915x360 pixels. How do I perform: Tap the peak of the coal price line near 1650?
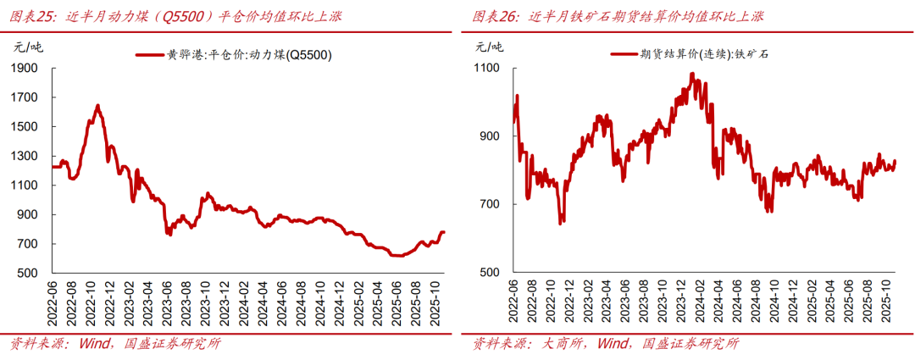click(97, 106)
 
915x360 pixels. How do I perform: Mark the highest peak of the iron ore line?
click(692, 74)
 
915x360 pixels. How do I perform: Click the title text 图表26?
click(493, 16)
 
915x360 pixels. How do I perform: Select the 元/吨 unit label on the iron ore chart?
click(489, 46)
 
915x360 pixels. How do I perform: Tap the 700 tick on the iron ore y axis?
click(491, 205)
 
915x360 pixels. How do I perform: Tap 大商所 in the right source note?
click(560, 344)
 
